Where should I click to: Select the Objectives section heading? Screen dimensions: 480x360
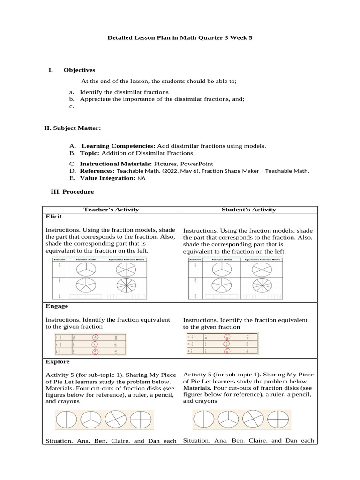pyautogui.click(x=79, y=70)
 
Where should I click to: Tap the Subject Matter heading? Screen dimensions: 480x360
pyautogui.click(x=72, y=127)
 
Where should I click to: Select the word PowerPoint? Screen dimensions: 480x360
pyautogui.click(x=199, y=164)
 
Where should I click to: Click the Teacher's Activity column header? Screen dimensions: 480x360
pyautogui.click(x=111, y=210)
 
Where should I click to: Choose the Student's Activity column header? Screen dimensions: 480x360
pyautogui.click(x=248, y=210)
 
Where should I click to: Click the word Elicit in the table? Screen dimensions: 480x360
pyautogui.click(x=53, y=217)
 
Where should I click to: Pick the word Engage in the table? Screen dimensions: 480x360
pyautogui.click(x=57, y=306)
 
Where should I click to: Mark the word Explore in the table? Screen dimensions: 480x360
pyautogui.click(x=57, y=361)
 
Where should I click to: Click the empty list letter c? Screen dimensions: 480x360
pyautogui.click(x=72, y=107)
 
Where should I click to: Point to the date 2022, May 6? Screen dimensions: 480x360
pyautogui.click(x=176, y=171)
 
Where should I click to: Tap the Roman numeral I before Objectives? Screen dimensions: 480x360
pyautogui.click(x=50, y=70)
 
